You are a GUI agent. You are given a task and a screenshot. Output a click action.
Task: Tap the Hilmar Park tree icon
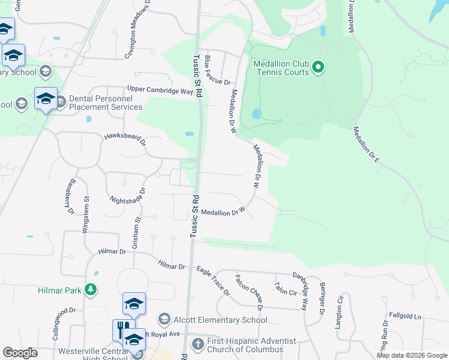(91, 290)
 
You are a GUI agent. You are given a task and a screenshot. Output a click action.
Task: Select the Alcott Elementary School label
(220, 320)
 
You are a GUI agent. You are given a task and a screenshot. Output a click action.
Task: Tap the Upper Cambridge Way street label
(160, 91)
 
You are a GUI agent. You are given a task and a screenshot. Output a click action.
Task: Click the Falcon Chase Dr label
(250, 292)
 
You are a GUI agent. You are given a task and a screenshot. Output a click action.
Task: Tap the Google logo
(20, 352)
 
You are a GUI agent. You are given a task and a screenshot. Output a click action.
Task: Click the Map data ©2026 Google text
(411, 355)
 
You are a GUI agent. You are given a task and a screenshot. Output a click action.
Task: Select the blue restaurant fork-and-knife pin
(121, 330)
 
